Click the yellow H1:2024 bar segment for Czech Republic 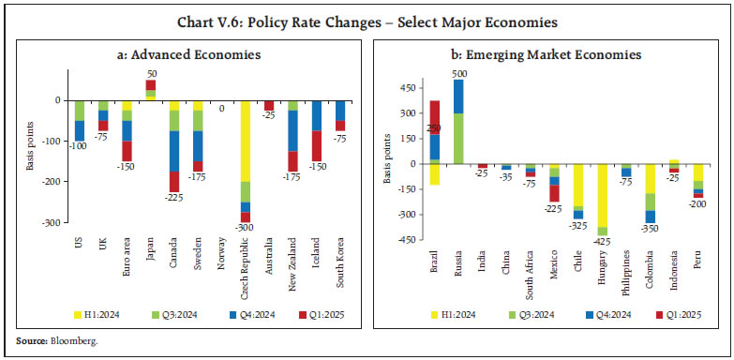pyautogui.click(x=246, y=141)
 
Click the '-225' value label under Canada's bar pyautogui.click(x=173, y=198)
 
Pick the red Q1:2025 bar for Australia pyautogui.click(x=269, y=105)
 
